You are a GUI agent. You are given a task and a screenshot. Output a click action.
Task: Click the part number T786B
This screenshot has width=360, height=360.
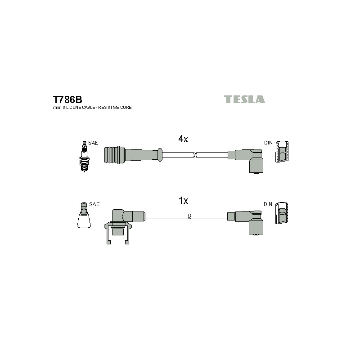[67, 99]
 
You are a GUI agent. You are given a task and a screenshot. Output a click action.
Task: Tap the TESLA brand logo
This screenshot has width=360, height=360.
[244, 99]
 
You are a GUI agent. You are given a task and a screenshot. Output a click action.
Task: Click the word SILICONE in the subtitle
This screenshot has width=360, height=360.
[71, 108]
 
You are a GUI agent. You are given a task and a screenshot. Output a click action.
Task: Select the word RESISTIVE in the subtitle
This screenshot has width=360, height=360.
[107, 108]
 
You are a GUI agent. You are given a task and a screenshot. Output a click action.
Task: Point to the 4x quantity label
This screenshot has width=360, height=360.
[183, 139]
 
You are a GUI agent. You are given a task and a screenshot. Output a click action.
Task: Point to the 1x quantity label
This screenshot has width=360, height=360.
[183, 201]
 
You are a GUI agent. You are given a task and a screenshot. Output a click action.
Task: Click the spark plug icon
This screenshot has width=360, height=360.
[84, 156]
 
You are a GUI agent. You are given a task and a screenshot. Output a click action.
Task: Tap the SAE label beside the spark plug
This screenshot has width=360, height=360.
[93, 143]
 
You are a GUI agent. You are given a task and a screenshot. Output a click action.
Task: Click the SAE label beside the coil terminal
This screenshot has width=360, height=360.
[94, 204]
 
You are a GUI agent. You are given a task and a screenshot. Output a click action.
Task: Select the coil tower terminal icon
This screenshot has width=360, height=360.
[84, 215]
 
